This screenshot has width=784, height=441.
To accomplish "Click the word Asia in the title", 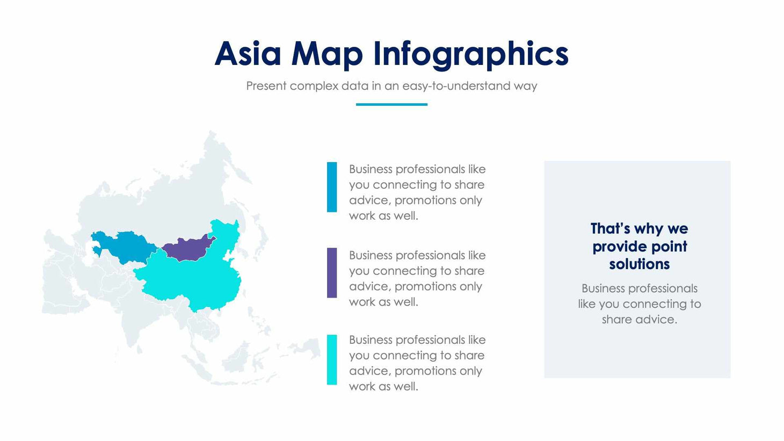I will coord(248,54).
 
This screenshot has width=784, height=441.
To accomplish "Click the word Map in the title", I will coord(326,54).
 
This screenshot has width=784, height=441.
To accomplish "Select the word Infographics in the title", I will coord(470,54).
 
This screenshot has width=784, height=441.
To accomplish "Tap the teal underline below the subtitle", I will coord(391,104).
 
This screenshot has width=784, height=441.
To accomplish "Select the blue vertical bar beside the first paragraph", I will coord(332,187).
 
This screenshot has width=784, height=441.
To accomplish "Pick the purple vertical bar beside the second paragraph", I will coord(332,273).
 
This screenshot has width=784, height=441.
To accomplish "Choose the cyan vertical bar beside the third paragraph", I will coord(332,360).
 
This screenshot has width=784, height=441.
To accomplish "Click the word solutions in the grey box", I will coord(639,264).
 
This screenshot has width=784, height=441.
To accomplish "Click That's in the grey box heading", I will coord(610,229).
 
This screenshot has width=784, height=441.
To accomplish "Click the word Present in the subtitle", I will coord(266,86).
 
